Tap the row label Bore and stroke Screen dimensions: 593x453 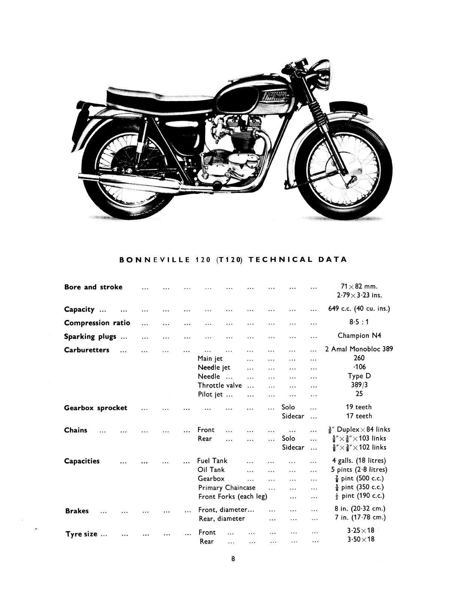(x=93, y=287)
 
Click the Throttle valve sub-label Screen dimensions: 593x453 (x=220, y=385)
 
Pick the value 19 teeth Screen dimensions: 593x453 (x=359, y=407)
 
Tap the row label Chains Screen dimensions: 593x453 (x=76, y=430)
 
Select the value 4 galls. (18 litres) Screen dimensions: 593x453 (x=359, y=461)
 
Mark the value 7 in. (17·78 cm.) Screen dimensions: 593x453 (x=360, y=518)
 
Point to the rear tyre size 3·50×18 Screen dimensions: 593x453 (x=361, y=539)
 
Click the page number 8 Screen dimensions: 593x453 (x=233, y=559)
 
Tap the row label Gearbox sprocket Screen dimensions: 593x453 (x=96, y=408)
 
